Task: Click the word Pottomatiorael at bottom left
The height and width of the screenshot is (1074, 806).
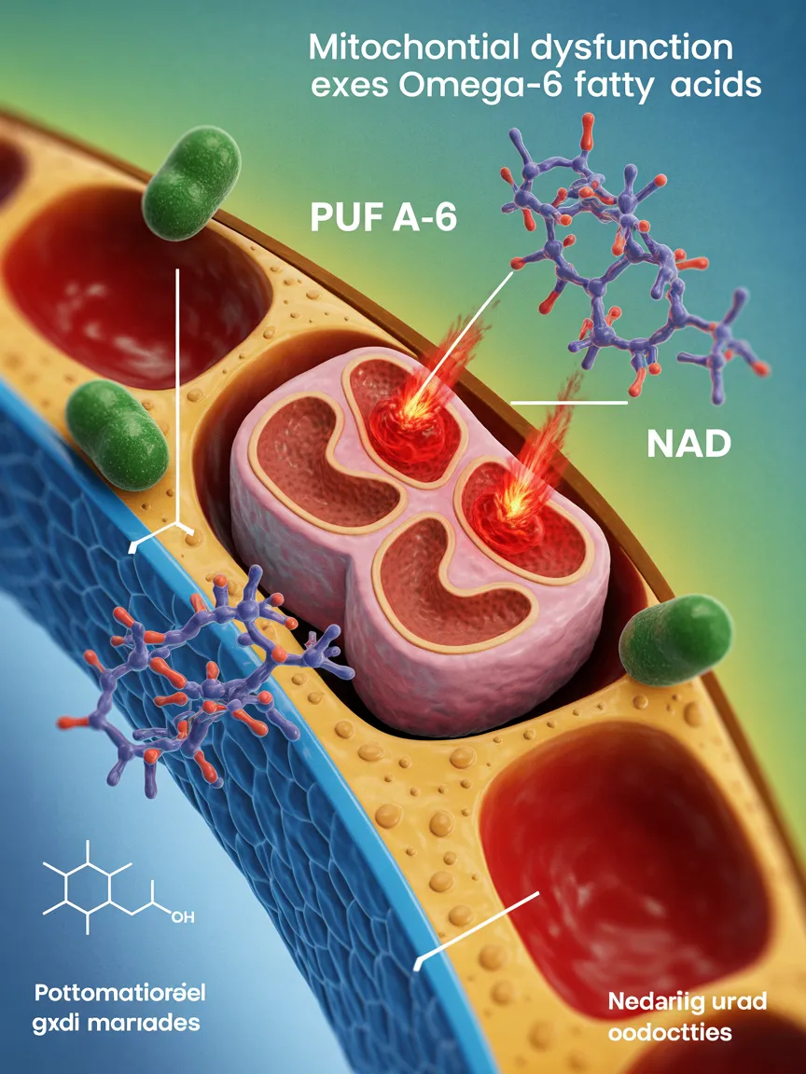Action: point(120,991)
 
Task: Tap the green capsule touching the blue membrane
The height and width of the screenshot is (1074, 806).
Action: point(118,434)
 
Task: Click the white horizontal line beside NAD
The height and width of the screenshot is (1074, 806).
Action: point(569,403)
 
